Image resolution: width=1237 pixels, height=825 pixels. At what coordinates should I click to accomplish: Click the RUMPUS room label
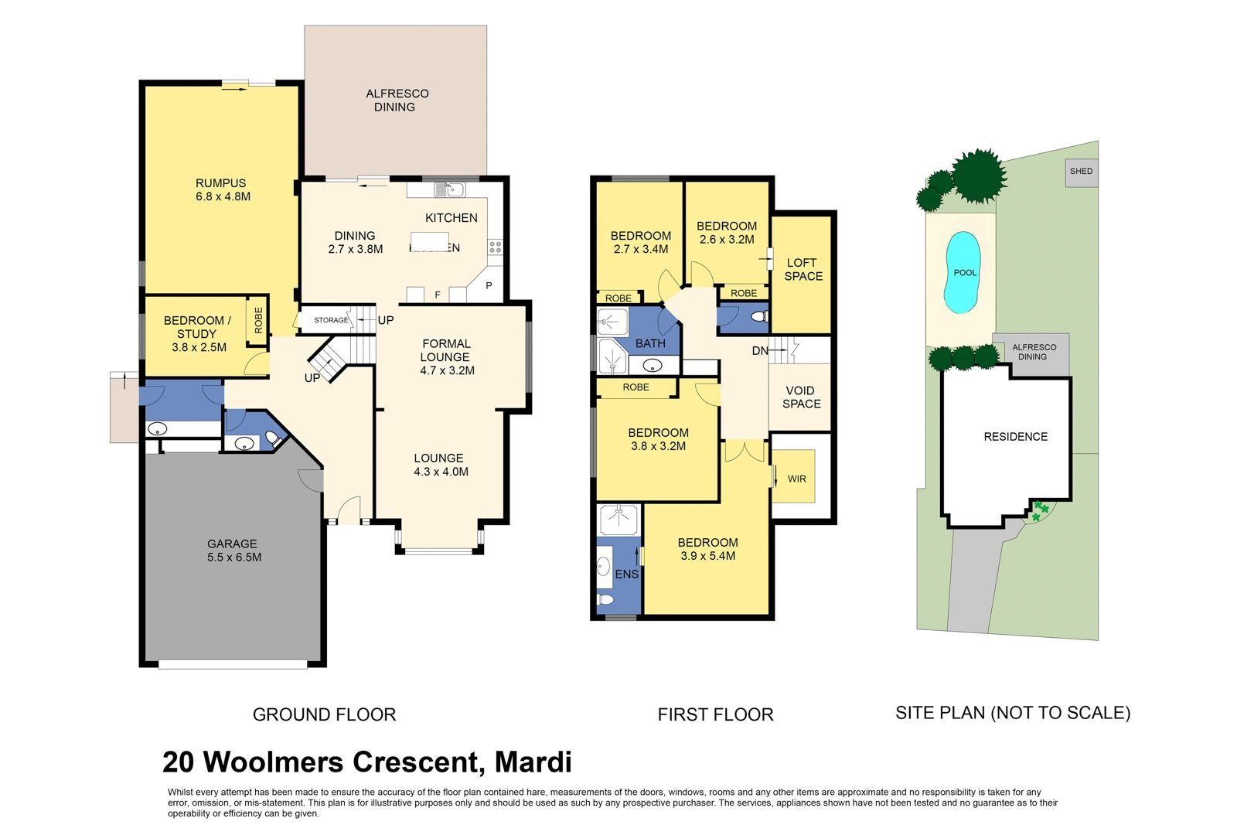(221, 183)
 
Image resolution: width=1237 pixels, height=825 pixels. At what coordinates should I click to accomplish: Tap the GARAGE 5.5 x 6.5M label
(233, 551)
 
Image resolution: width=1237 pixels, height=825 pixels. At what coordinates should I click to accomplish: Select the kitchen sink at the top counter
(449, 189)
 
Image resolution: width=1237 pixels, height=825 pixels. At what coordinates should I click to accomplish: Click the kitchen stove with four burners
(495, 247)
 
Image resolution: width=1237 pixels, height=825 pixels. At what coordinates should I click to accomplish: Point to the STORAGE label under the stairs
(331, 320)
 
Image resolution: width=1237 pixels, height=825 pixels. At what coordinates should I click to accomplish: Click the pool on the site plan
(963, 272)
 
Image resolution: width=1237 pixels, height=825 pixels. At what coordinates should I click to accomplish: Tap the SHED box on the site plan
(1082, 172)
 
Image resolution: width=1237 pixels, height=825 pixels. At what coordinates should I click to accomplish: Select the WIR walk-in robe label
(796, 479)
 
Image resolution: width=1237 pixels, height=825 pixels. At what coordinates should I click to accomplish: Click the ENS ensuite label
(627, 574)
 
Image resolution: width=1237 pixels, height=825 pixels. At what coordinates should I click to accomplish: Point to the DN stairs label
(760, 351)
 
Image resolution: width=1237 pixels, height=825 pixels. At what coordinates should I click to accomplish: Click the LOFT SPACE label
(803, 270)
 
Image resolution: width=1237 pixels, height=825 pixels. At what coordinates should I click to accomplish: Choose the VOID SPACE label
(801, 397)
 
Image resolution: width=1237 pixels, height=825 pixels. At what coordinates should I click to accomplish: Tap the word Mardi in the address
(533, 762)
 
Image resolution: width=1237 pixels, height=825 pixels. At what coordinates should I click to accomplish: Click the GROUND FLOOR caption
(324, 714)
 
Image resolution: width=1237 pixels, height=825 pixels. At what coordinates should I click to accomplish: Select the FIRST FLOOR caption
(715, 714)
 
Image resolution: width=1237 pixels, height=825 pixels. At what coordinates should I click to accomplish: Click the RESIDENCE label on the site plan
(1016, 437)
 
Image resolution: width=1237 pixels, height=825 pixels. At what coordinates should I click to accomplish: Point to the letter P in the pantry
(489, 286)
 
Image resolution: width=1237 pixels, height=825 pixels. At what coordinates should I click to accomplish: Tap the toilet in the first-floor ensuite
(606, 599)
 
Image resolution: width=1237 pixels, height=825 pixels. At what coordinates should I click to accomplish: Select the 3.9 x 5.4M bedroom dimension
(708, 556)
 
